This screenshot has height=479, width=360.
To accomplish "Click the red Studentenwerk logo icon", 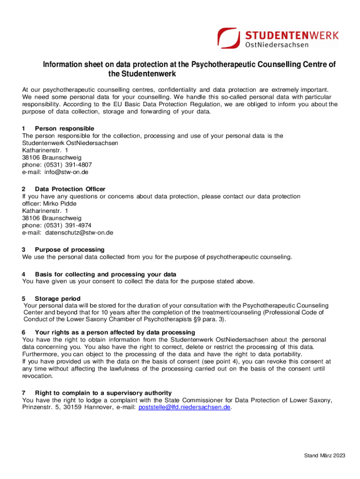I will click(230, 37).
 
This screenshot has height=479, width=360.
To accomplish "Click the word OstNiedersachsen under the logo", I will click(277, 45).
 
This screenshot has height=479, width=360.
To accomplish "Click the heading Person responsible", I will click(65, 128).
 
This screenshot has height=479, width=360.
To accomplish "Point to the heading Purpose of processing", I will click(70, 249).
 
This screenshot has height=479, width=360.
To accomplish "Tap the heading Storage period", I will click(58, 298).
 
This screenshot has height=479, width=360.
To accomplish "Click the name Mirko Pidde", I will click(59, 203).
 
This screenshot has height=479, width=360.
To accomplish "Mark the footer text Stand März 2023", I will click(325, 456).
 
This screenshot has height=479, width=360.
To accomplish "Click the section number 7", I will click(24, 393).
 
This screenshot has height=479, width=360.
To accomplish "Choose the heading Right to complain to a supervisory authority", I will click(103, 393).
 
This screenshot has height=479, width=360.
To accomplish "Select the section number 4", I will click(24, 274).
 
